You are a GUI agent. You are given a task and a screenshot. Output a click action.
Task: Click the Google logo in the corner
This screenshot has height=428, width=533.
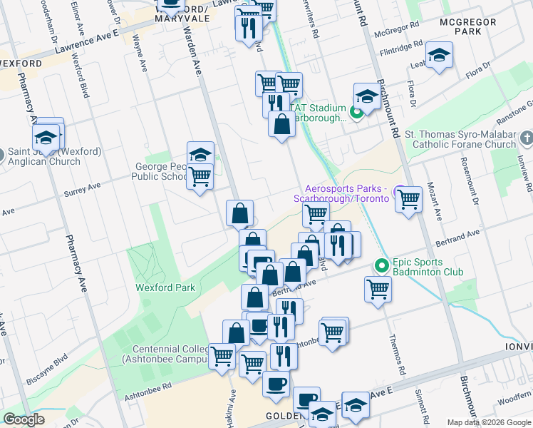[24, 419]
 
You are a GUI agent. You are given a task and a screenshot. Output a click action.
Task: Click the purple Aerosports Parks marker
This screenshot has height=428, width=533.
[400, 193]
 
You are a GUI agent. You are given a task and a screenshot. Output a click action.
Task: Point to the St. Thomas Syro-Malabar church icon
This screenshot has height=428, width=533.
[526, 137]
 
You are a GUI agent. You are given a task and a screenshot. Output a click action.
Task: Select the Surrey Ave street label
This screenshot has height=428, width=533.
[83, 190]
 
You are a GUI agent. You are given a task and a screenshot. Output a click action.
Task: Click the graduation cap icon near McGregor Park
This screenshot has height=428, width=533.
[439, 55]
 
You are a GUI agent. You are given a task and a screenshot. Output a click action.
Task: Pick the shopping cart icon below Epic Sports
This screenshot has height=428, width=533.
[377, 289]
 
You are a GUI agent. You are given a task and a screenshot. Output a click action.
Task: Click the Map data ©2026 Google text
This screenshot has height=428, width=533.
[488, 422]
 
